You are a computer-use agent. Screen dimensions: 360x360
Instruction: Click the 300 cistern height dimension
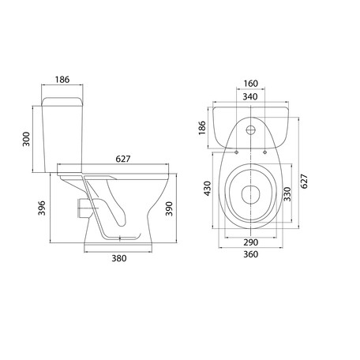click(x=26, y=139)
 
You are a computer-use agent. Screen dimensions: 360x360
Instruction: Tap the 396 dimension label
click(x=42, y=208)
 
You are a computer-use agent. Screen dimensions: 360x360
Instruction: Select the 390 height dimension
click(x=169, y=208)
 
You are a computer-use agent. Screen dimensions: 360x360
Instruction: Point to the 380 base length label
click(x=119, y=258)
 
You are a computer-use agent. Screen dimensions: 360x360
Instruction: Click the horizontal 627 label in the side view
click(x=123, y=159)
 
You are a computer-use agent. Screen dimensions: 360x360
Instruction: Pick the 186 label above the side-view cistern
click(x=62, y=80)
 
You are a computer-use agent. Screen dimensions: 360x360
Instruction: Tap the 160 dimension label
click(x=250, y=84)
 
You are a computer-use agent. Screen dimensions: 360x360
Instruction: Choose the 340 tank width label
click(x=250, y=97)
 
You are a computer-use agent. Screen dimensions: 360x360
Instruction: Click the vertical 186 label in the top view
click(x=202, y=128)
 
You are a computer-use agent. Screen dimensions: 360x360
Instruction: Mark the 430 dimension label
click(x=208, y=189)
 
